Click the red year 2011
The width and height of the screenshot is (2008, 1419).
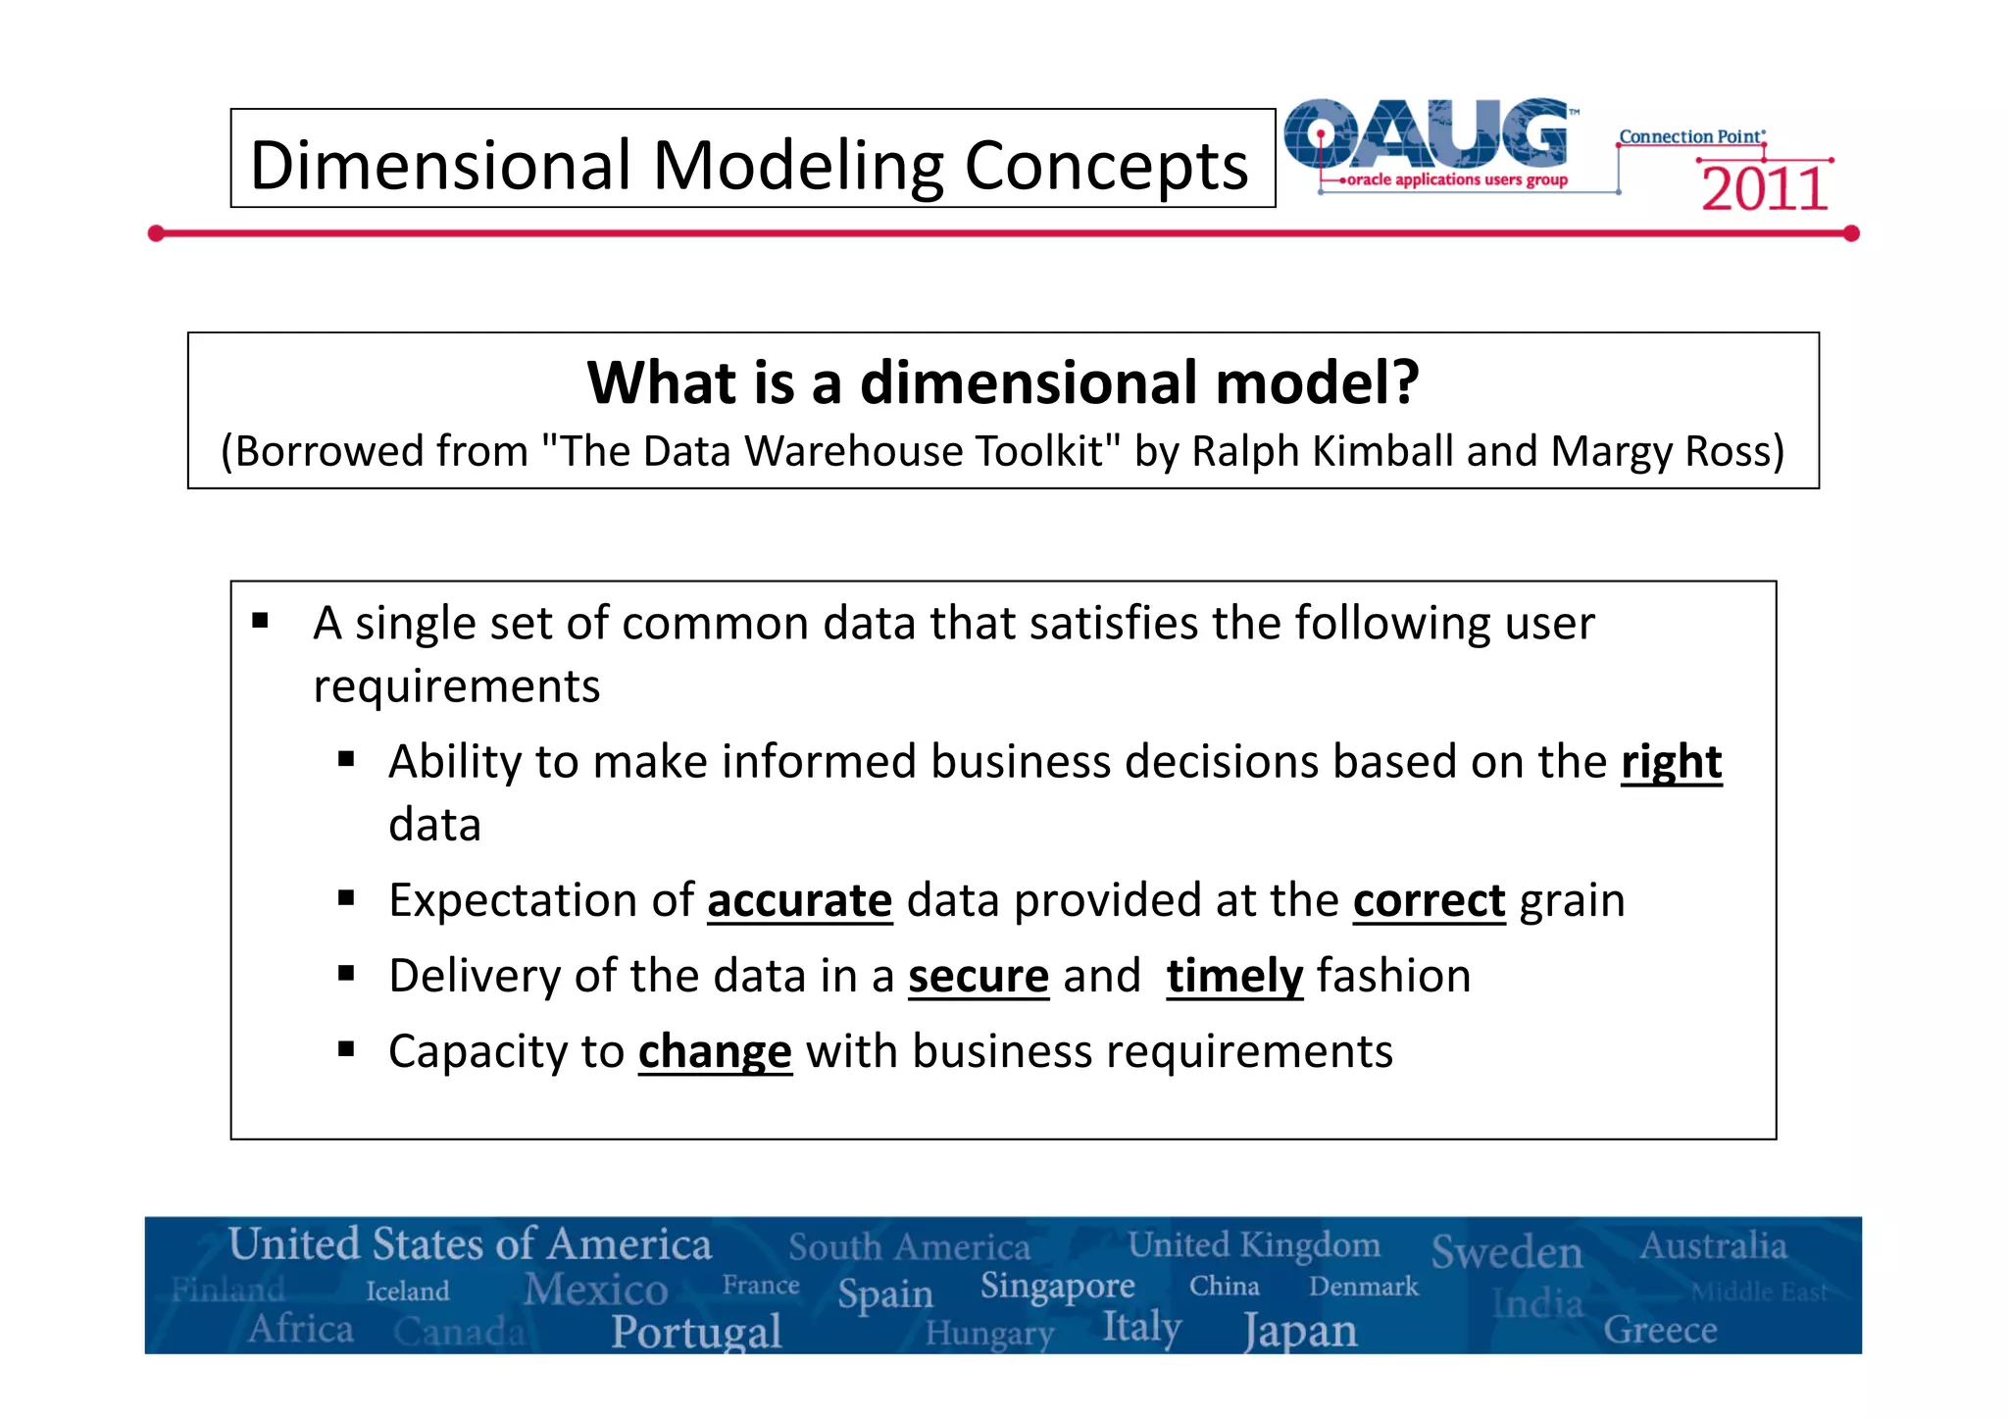click(x=1764, y=189)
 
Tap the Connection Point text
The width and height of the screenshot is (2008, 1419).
click(x=1690, y=136)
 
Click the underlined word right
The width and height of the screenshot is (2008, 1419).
click(x=1671, y=763)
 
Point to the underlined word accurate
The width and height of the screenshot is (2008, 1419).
click(x=799, y=901)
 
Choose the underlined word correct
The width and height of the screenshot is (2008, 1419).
click(x=1429, y=901)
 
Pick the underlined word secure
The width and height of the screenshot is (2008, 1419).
click(x=978, y=977)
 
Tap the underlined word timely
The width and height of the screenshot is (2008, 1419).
click(x=1233, y=977)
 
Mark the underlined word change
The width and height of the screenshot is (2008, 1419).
click(x=714, y=1052)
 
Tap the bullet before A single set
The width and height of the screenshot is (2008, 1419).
click(x=260, y=621)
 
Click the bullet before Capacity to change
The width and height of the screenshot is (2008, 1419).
click(x=345, y=1049)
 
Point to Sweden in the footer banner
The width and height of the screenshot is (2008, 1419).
click(x=1506, y=1252)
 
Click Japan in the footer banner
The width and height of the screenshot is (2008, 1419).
click(x=1300, y=1332)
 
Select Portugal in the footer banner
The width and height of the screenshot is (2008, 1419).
click(x=696, y=1332)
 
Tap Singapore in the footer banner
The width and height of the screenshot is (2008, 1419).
click(x=1057, y=1285)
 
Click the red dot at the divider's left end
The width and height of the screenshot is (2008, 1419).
click(x=156, y=233)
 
